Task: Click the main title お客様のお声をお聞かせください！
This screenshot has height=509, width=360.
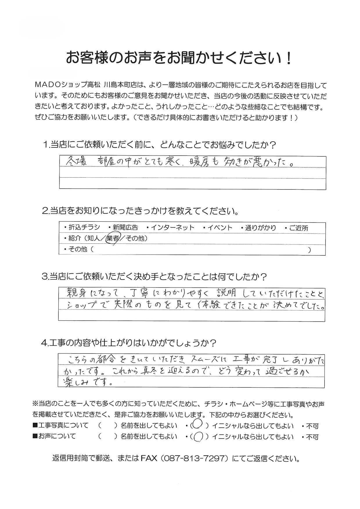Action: coord(179,58)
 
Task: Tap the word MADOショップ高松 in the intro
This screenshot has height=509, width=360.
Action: coord(68,85)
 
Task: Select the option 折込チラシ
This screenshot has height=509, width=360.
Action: coord(84,228)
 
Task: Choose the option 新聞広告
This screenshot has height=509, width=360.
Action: coord(125,228)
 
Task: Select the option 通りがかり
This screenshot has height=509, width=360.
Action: coord(260,228)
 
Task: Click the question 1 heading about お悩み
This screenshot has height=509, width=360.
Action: coord(159,145)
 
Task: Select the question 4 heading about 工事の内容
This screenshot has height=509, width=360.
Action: coord(129,343)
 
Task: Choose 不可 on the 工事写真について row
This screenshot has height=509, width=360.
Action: coord(312,426)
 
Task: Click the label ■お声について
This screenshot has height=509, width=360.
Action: coord(54,436)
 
